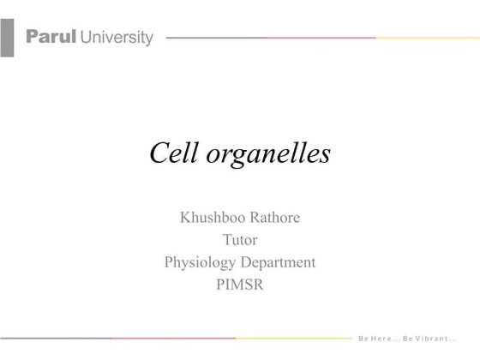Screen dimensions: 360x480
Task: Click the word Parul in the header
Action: pyautogui.click(x=51, y=37)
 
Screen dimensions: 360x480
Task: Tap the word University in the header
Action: pyautogui.click(x=117, y=37)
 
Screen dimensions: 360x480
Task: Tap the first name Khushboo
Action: pyautogui.click(x=210, y=218)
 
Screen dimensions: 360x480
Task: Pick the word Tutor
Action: pyautogui.click(x=240, y=240)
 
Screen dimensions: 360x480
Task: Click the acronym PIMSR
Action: pyautogui.click(x=240, y=285)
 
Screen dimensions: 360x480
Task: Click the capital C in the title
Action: pyautogui.click(x=159, y=153)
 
